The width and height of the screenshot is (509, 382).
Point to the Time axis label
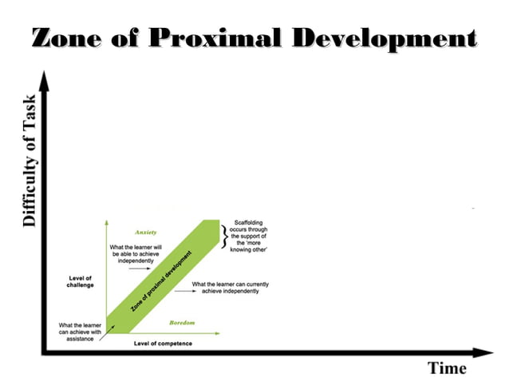447,368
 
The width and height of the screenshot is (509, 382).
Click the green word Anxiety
144,232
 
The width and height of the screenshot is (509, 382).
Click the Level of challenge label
81,282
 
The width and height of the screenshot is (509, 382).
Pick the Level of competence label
163,343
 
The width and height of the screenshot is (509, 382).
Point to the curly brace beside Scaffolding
224,237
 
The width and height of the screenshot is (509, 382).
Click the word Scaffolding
248,223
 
